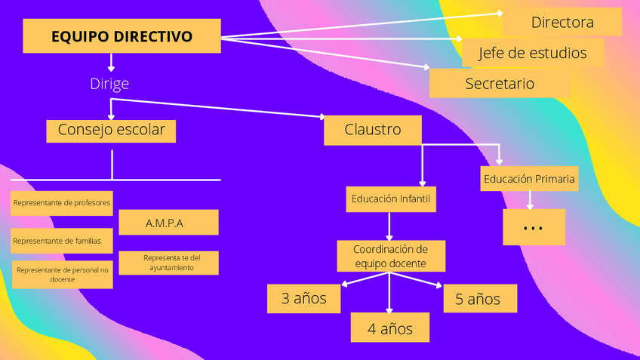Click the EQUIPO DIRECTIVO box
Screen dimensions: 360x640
122,36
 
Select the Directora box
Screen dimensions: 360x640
562,23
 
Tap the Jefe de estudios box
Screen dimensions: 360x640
534,53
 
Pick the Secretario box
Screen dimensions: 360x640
499,83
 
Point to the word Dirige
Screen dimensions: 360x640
109,83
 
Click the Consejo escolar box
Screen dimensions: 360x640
111,130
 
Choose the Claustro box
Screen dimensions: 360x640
372,130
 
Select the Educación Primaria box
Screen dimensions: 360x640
530,179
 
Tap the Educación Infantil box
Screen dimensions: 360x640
390,199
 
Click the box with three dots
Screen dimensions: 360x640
534,227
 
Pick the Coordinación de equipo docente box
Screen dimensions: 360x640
390,256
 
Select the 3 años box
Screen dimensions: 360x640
303,298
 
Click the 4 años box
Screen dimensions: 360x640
390,328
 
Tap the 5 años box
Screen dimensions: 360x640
479,299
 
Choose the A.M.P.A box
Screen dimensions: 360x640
168,223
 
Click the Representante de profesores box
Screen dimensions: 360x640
62,202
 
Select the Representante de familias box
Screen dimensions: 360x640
62,241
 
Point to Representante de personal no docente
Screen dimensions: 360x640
63,274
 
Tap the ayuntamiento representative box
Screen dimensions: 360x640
169,263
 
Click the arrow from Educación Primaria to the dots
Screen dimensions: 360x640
530,199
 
